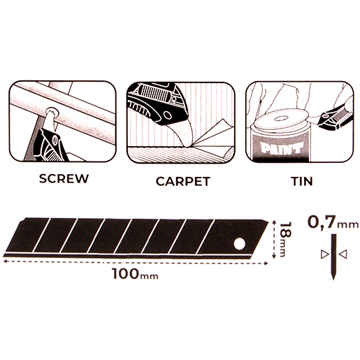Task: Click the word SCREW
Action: [64, 178]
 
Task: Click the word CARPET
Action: [183, 182]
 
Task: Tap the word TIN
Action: [302, 181]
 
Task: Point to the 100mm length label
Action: [135, 274]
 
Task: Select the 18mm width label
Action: [285, 239]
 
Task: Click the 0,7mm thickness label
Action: [333, 222]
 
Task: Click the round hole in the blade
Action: [240, 244]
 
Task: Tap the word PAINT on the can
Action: [282, 149]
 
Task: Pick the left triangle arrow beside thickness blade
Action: [324, 254]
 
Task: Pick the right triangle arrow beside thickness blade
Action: [343, 254]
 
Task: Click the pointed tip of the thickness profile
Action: [333, 279]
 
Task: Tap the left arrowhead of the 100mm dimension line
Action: [5, 261]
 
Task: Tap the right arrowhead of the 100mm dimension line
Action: [266, 264]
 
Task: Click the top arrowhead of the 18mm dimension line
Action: [274, 222]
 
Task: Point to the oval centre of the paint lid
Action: [280, 119]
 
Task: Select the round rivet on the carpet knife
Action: [167, 115]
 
